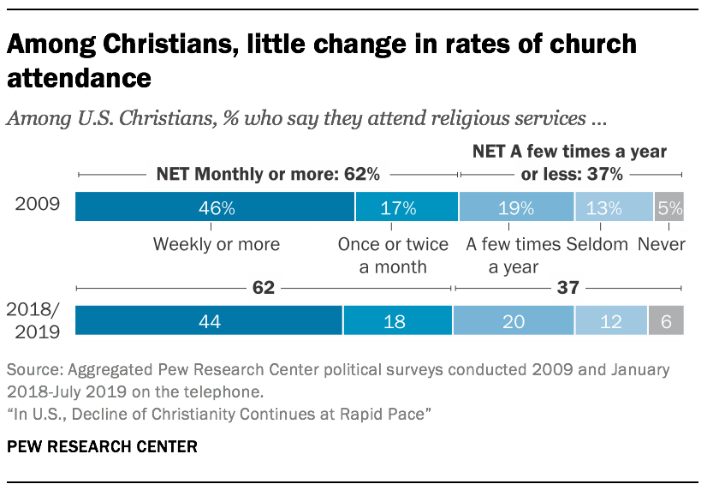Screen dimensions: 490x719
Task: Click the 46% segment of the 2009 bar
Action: [215, 208]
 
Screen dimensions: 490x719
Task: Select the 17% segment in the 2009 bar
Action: [407, 208]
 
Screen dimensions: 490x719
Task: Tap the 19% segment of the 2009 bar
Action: [516, 208]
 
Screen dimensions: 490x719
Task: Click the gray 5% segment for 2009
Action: [668, 208]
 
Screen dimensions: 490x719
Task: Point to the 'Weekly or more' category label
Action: [216, 244]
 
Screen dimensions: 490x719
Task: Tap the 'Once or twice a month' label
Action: [393, 255]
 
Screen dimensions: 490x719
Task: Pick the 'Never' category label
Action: [662, 244]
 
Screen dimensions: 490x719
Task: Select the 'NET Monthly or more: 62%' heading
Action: [268, 175]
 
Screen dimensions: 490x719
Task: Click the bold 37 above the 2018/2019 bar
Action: [567, 288]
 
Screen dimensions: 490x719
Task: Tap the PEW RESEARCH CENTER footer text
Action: [102, 447]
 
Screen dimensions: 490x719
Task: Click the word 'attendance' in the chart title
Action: [80, 78]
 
